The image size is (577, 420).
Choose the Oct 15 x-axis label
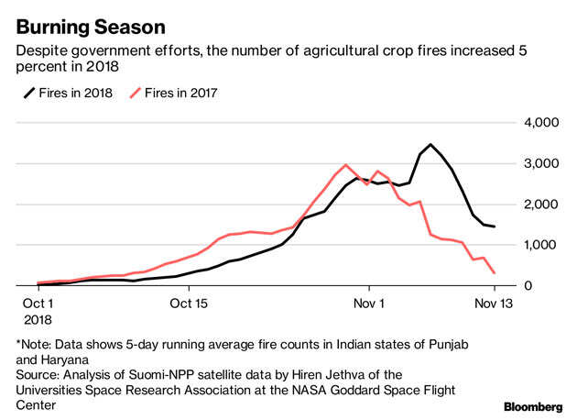[191, 302]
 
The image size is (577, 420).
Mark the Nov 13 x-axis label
[494, 302]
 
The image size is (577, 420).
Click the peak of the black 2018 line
[430, 144]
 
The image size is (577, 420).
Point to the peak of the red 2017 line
[345, 165]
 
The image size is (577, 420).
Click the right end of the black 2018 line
[495, 227]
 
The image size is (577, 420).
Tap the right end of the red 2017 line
[495, 273]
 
